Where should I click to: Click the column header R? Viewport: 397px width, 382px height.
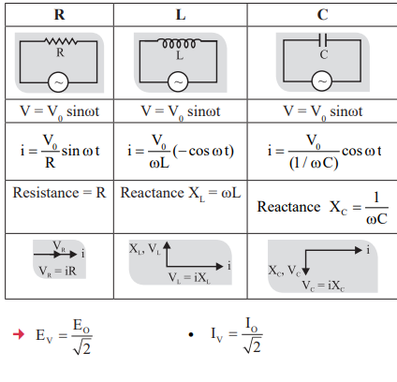click(x=60, y=15)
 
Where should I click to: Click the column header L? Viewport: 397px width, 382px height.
click(x=181, y=15)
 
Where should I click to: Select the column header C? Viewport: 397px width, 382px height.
click(x=323, y=15)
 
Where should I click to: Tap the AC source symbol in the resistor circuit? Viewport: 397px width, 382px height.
click(x=58, y=82)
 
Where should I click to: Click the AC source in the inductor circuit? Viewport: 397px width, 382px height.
click(x=178, y=82)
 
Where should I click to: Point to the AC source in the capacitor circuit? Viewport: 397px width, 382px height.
click(x=322, y=81)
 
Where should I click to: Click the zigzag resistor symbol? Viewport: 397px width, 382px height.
click(x=60, y=41)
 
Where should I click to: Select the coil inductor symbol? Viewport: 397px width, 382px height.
click(x=179, y=43)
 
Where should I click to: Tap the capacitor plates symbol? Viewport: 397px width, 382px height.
click(x=323, y=40)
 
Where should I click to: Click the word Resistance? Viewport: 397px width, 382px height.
click(x=46, y=193)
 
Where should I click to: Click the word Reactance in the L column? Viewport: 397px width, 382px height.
click(x=153, y=193)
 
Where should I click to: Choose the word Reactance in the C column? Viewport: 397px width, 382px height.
click(x=288, y=207)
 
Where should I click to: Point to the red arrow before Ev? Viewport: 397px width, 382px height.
click(x=19, y=334)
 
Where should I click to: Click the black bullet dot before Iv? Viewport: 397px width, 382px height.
click(x=191, y=335)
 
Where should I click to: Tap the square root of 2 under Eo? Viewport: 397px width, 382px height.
click(x=82, y=347)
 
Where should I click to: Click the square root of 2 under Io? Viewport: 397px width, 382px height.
click(x=253, y=345)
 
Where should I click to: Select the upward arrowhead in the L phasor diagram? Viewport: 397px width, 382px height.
click(x=167, y=245)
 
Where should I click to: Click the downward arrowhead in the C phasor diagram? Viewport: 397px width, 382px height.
click(x=305, y=272)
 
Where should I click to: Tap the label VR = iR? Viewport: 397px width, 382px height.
click(x=58, y=272)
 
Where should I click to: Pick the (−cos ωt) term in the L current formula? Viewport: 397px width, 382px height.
click(x=203, y=152)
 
